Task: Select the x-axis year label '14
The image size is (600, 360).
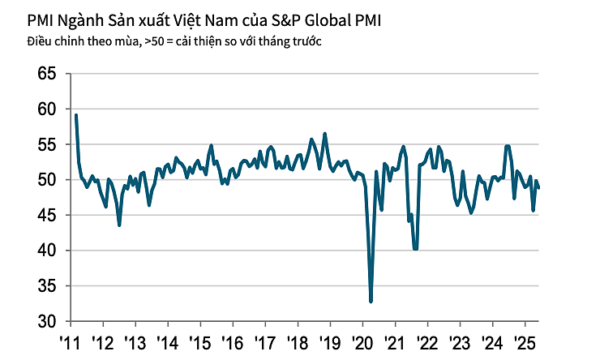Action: pos(166,341)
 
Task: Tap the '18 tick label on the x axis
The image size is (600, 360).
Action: pos(296,341)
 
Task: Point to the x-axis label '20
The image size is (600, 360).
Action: pos(361,341)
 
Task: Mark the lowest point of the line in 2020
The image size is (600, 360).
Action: pos(371,302)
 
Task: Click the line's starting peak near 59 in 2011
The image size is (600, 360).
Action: pos(76,115)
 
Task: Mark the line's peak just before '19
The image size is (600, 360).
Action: pos(325,134)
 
